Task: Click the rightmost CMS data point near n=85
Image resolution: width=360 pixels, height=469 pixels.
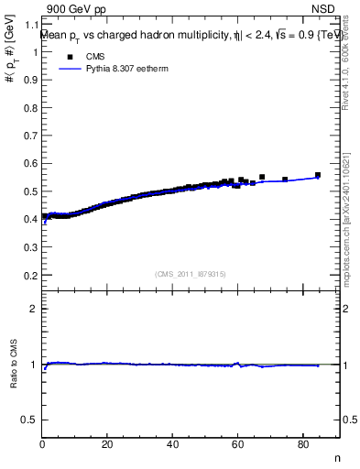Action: click(x=318, y=174)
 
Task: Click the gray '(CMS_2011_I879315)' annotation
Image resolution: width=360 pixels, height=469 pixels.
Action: click(x=190, y=274)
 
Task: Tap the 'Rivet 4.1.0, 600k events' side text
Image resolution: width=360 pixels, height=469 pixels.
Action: click(x=346, y=69)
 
